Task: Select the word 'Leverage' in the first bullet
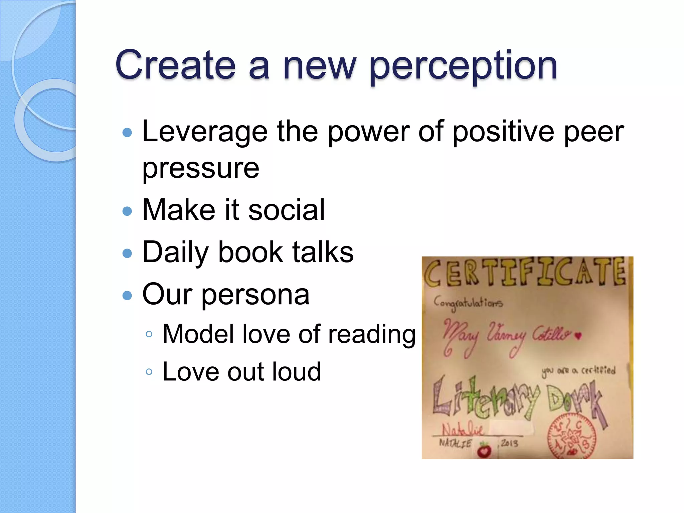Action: click(x=205, y=132)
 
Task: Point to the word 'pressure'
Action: click(x=201, y=168)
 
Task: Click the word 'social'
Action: click(x=287, y=210)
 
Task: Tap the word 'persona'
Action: click(x=255, y=295)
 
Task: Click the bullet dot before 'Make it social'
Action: click(x=127, y=211)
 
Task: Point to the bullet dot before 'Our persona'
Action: click(x=127, y=295)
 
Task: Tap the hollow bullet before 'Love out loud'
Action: click(x=149, y=372)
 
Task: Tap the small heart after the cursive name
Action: click(x=578, y=336)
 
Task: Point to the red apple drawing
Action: click(x=484, y=450)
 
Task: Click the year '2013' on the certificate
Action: click(x=509, y=443)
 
